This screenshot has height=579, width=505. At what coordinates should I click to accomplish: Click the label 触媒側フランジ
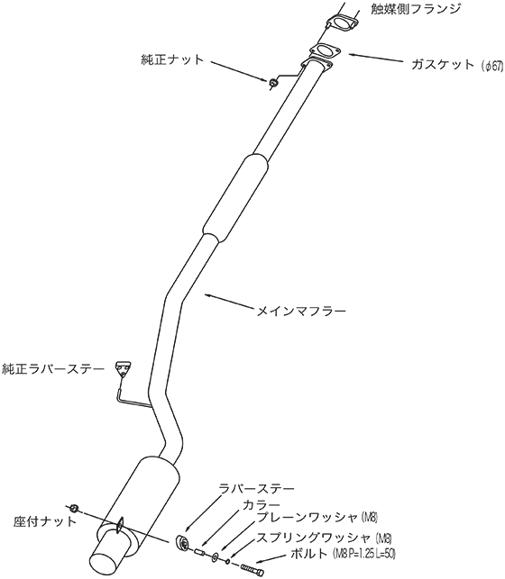416,8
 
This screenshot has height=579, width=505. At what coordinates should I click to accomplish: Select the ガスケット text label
443,65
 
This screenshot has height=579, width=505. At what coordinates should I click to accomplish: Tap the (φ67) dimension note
492,66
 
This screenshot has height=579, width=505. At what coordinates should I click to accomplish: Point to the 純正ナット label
172,59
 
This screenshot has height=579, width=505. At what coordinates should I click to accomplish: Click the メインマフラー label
301,312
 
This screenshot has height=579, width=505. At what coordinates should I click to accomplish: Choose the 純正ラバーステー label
53,369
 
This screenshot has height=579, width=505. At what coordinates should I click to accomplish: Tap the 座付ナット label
45,521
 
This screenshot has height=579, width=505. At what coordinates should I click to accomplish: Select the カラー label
262,504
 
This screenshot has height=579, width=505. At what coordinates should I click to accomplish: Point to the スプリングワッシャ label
314,538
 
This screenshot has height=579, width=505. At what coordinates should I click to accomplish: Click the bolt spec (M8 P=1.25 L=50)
364,554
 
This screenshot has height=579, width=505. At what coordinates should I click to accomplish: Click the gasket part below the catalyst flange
325,50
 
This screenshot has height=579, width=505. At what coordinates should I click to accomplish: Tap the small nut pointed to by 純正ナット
273,82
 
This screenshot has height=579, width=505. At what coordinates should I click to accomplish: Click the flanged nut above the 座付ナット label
74,508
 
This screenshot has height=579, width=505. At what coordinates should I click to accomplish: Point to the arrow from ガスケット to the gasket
377,59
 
